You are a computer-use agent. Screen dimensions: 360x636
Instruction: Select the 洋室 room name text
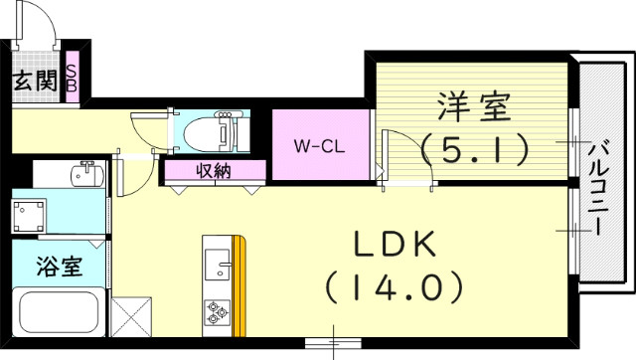click(472, 103)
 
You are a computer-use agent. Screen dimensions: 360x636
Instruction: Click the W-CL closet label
click(318, 145)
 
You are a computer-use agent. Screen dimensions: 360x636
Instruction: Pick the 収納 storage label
click(213, 171)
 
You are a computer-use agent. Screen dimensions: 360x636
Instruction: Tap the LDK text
click(391, 246)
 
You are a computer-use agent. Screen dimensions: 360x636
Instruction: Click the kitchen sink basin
click(218, 265)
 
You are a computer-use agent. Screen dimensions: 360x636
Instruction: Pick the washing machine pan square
click(30, 214)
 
